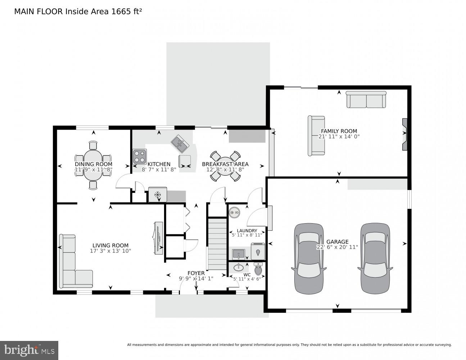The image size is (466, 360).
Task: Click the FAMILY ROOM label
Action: (x=339, y=131)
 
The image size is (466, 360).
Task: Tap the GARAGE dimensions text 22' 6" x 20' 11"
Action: (x=337, y=247)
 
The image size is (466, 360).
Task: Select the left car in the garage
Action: (x=309, y=258)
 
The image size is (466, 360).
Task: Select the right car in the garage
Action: (x=374, y=258)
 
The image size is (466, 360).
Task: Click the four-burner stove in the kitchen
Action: (x=140, y=156)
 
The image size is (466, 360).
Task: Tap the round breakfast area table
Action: (x=225, y=166)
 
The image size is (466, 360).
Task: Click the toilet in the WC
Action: (x=258, y=268)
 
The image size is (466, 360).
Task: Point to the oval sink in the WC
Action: (x=238, y=267)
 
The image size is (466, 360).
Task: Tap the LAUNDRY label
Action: (x=247, y=231)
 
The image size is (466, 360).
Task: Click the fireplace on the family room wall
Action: (x=405, y=134)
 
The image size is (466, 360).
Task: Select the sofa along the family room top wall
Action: (x=366, y=100)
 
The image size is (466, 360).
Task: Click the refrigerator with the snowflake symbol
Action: (x=158, y=195)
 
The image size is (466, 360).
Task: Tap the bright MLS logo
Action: (x=29, y=350)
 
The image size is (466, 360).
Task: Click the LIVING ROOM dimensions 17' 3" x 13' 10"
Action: (x=110, y=251)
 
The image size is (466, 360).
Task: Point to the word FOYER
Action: (x=196, y=273)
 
